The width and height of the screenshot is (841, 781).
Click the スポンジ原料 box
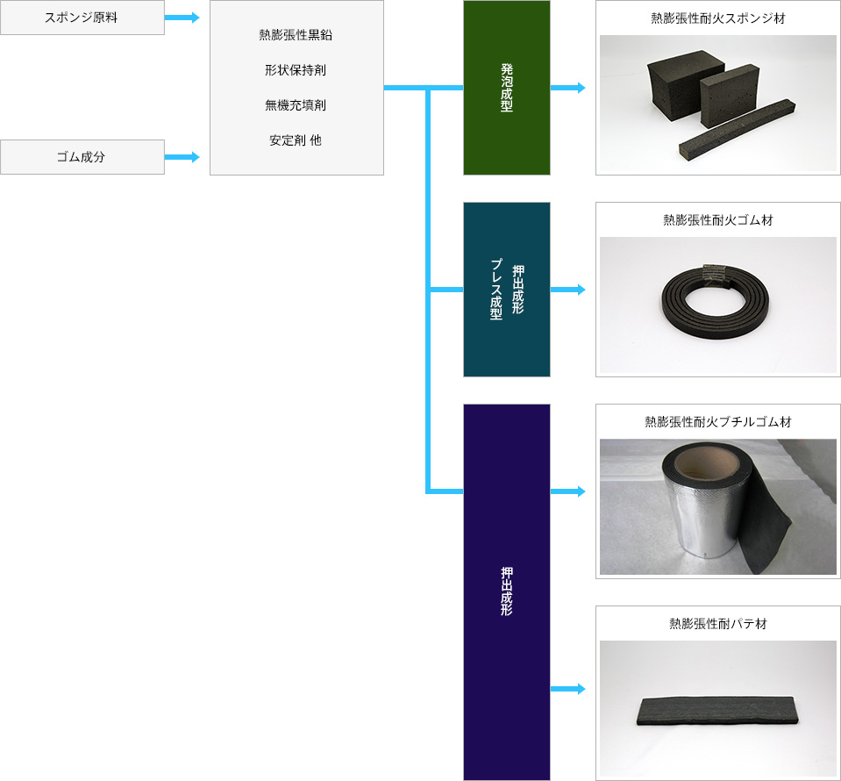point(82,18)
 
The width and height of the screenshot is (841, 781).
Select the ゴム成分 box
point(82,157)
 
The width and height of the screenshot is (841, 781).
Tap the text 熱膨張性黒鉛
point(296,35)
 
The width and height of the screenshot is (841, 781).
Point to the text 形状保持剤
point(296,70)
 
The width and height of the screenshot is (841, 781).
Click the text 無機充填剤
point(296,105)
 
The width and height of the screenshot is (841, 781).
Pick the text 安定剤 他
point(296,140)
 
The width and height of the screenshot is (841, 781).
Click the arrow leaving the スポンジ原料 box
point(182,18)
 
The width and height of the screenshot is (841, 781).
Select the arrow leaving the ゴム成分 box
point(182,157)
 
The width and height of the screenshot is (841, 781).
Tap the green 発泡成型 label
point(507,88)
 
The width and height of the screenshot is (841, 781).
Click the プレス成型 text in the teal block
point(496,290)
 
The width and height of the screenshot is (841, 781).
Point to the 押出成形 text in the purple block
point(507,591)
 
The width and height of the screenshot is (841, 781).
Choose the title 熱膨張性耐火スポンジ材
point(718,18)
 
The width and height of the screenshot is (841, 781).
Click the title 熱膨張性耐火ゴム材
point(718,220)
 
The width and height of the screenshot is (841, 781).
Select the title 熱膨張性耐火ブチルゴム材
point(718,422)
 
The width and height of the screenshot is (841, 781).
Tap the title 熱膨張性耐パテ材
point(718,624)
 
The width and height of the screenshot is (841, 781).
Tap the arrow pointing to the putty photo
point(568,689)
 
